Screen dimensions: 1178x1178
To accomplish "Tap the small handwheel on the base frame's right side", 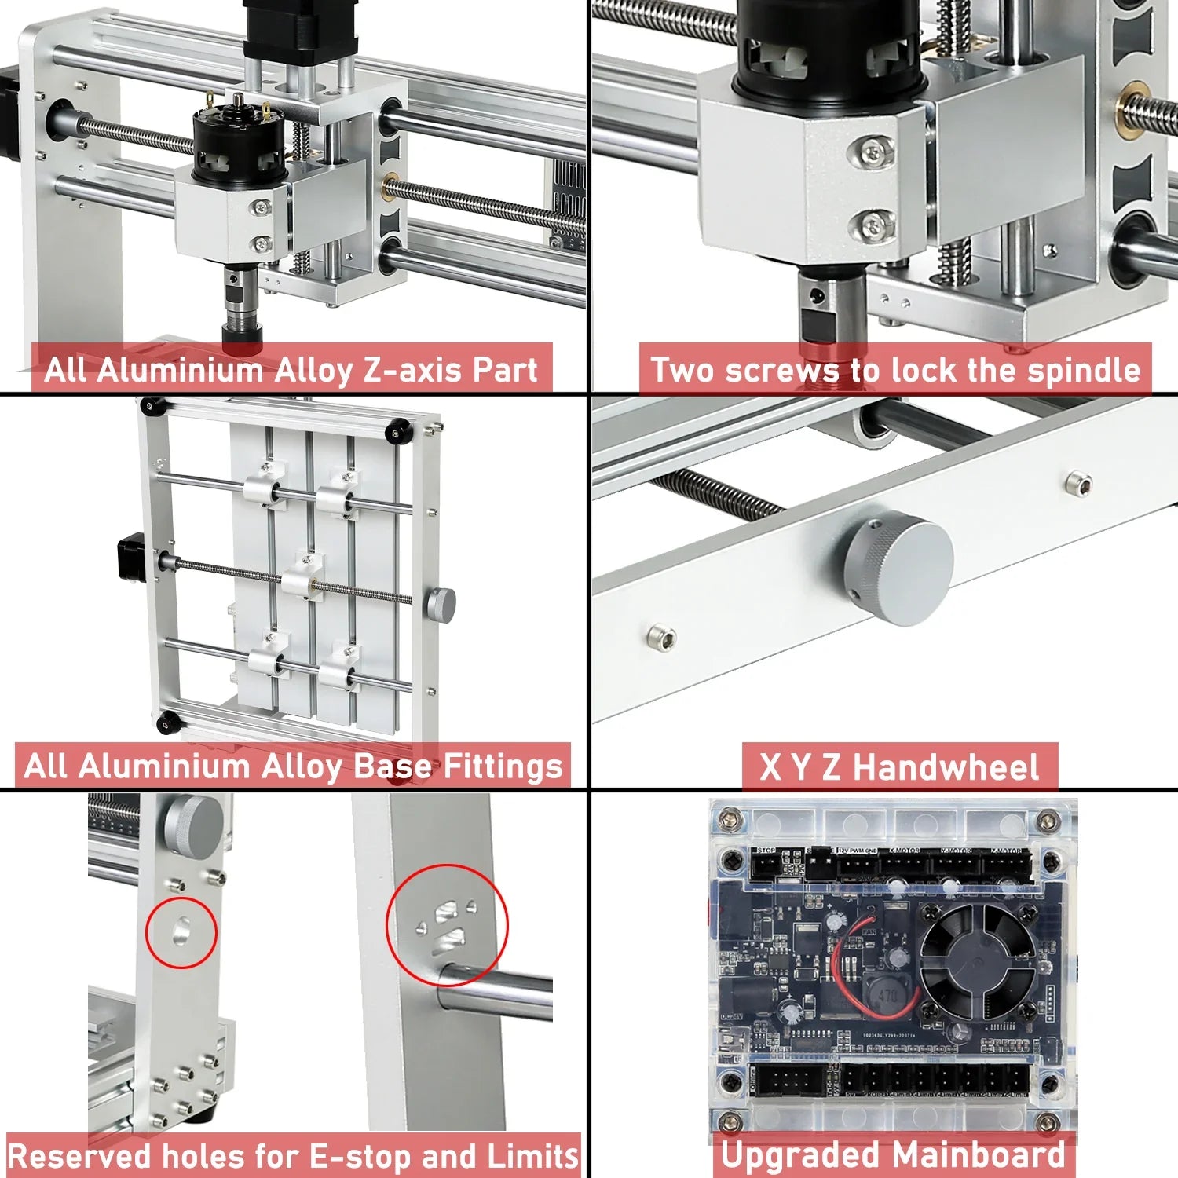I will tap(441, 604).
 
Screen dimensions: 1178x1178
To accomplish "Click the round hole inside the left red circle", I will tap(181, 931).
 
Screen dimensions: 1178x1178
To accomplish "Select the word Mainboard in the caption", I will tap(979, 1155).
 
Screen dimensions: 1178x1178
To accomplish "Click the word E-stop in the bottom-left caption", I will tap(361, 1157).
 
